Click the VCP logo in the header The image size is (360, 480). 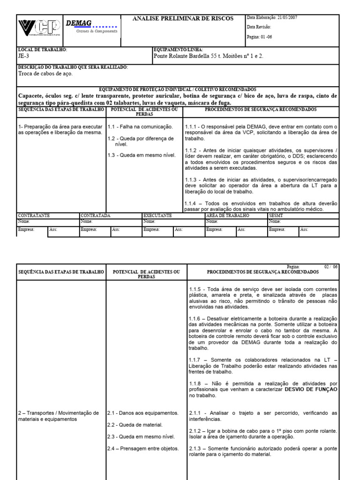point(39,29)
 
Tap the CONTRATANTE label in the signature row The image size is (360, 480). point(33,215)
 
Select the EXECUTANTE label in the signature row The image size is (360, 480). point(157,215)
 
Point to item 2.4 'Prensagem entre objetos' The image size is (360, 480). point(142,448)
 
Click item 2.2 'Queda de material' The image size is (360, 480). point(135,425)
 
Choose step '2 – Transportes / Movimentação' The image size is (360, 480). point(58,413)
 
